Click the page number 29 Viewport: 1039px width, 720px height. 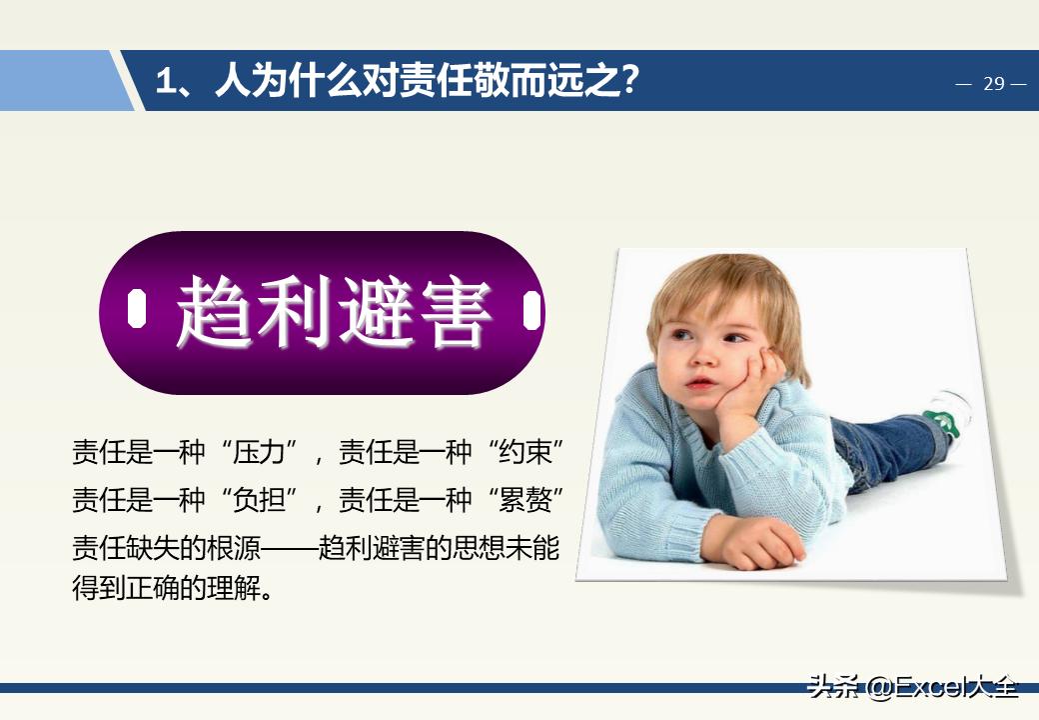[x=993, y=84]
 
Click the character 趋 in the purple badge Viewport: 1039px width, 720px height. [x=214, y=312]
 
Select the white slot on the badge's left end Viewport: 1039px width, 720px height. [x=137, y=311]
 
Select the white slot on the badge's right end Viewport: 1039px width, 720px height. [x=531, y=311]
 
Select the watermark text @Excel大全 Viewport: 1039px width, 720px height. [x=941, y=687]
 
